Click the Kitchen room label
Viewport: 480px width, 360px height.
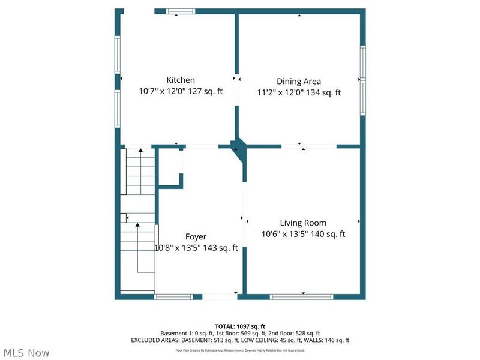point(181,80)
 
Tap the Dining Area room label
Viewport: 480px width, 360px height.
point(299,81)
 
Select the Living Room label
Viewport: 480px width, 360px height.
point(303,223)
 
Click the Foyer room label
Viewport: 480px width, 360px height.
point(196,236)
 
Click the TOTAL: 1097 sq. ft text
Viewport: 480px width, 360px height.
point(240,326)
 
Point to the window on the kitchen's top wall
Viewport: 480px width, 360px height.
point(181,11)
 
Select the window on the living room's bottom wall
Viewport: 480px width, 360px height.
point(302,296)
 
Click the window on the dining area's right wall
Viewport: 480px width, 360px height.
point(362,79)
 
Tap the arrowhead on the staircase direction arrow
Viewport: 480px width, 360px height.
point(137,225)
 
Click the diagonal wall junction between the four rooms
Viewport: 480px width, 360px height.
point(239,148)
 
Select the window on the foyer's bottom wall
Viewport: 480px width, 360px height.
point(174,296)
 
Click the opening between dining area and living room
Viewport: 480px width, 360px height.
point(308,146)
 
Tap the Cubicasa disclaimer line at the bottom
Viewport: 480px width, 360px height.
point(240,350)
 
